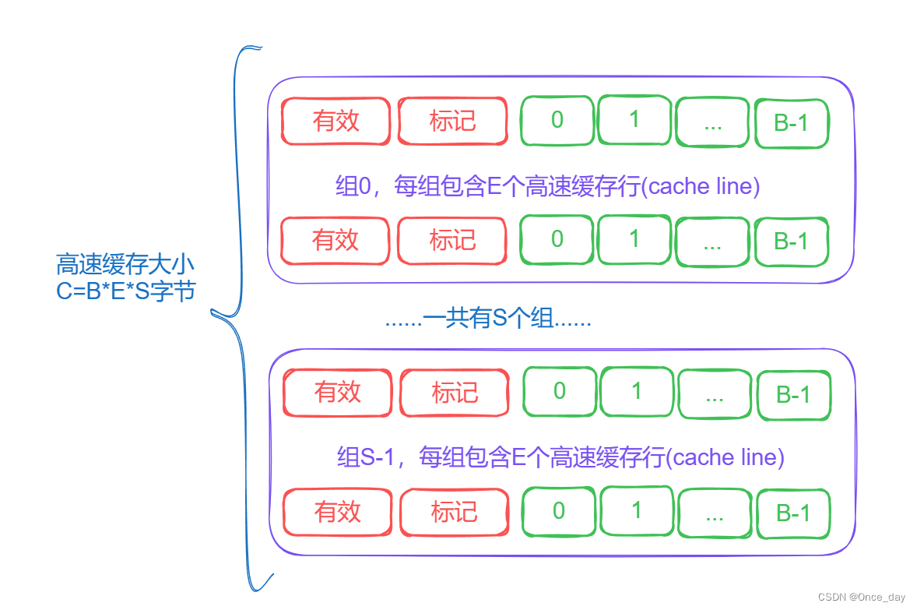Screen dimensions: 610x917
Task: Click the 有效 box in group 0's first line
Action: click(336, 121)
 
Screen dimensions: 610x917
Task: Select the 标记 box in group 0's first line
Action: click(452, 121)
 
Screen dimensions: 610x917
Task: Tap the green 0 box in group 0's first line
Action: click(557, 120)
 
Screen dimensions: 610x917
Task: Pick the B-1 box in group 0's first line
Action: click(792, 123)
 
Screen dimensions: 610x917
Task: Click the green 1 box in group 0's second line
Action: click(634, 239)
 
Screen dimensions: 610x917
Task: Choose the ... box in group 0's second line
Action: click(712, 241)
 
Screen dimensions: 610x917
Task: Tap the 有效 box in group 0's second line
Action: click(336, 240)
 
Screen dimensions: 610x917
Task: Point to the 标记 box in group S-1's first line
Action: click(455, 392)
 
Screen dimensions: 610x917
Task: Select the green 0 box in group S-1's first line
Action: click(559, 391)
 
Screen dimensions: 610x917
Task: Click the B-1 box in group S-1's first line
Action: click(793, 394)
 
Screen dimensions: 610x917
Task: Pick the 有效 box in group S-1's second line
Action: click(338, 512)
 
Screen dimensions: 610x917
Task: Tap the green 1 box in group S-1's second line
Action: click(637, 511)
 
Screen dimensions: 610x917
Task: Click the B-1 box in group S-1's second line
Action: click(793, 513)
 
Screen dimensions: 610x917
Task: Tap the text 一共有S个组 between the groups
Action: click(488, 319)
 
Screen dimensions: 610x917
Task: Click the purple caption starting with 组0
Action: click(547, 187)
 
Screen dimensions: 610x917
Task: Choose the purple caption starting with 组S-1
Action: click(560, 457)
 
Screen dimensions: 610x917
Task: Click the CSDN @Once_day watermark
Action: click(862, 597)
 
